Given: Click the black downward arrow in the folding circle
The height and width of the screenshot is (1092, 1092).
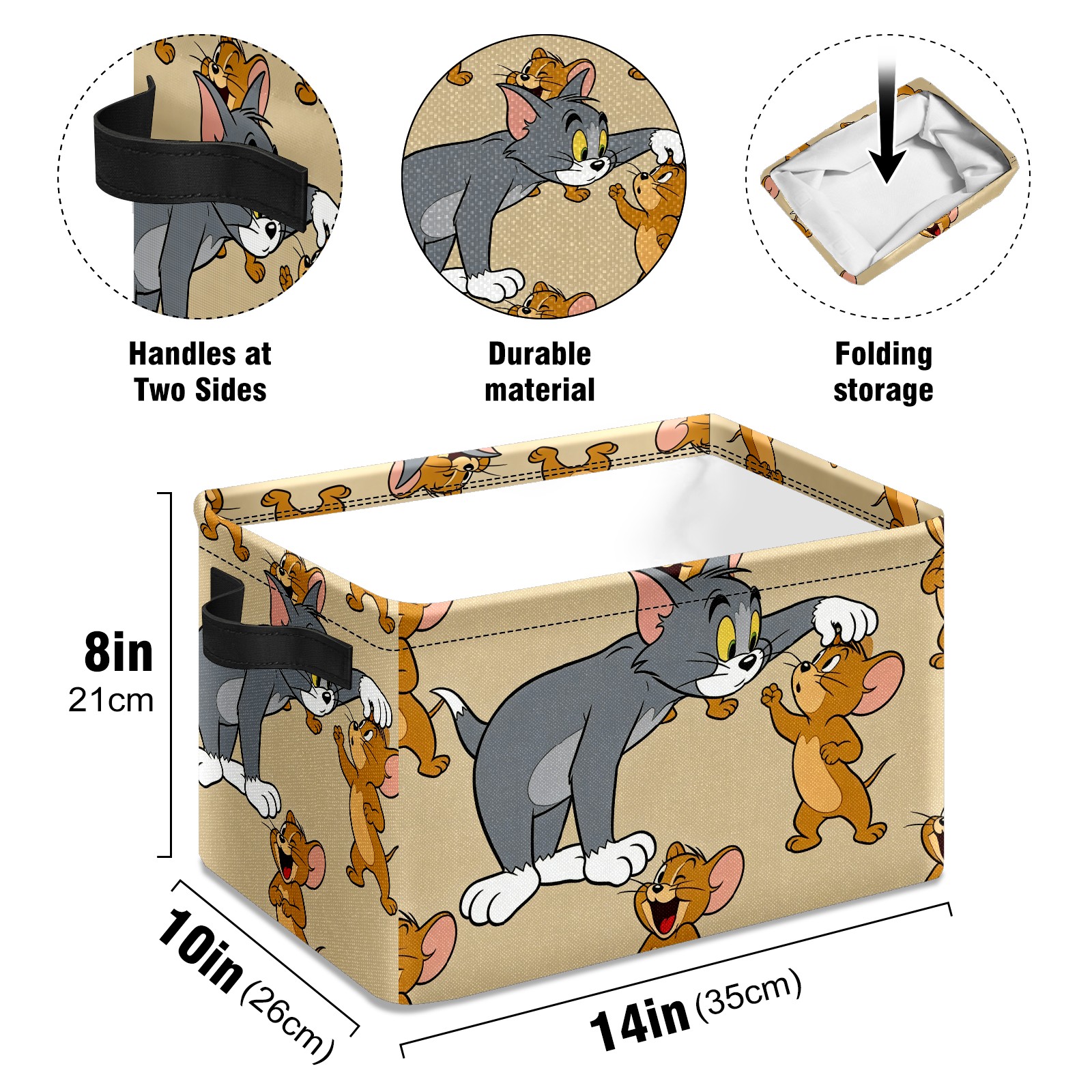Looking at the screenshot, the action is click(x=887, y=123).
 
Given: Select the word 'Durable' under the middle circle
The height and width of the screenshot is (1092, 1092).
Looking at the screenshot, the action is click(x=539, y=354).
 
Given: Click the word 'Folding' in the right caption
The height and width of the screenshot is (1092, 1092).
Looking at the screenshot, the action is click(x=883, y=355).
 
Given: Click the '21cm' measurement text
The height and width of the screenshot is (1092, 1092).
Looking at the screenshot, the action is click(x=111, y=700).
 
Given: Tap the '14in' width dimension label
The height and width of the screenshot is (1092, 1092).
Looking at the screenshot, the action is click(x=639, y=1022).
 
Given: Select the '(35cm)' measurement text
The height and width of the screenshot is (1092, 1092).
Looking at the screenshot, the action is click(x=748, y=992).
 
